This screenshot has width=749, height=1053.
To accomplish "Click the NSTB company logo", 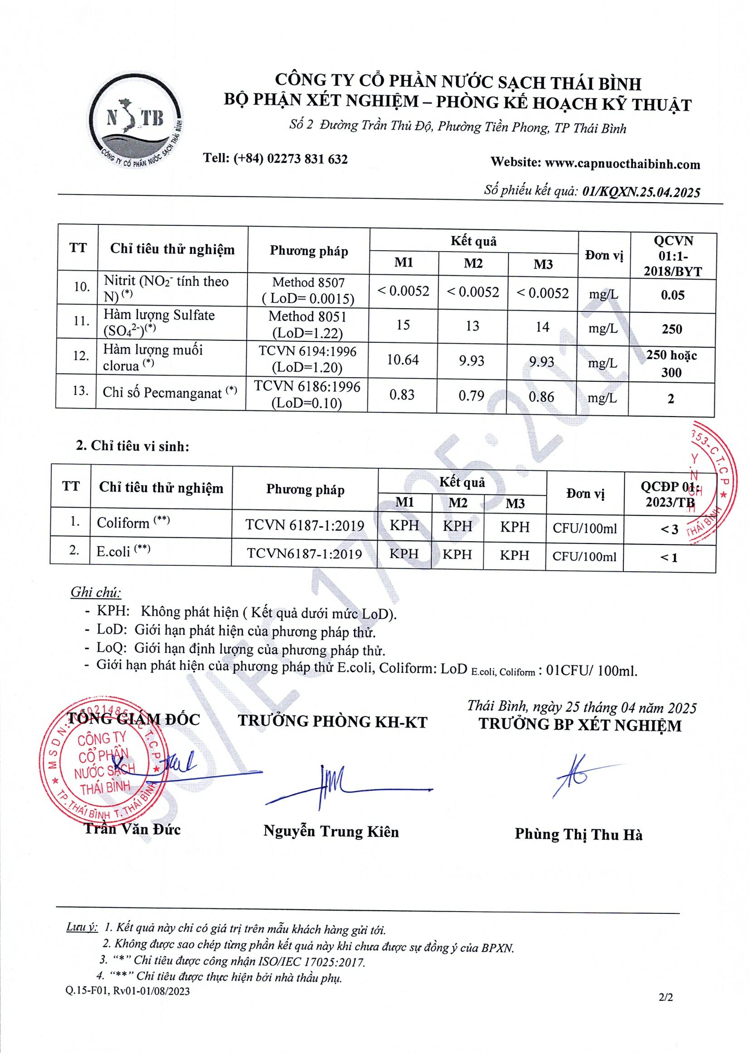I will [x=136, y=121].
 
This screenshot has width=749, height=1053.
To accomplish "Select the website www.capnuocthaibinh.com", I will [x=622, y=164].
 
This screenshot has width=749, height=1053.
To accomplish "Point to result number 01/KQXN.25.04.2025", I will [x=641, y=192].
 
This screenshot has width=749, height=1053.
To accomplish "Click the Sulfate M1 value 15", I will [x=403, y=325].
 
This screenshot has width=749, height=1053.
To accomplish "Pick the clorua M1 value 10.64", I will [x=403, y=359].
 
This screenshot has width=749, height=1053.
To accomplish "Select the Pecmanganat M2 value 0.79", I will [x=472, y=396].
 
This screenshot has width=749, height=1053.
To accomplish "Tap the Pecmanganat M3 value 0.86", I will [x=541, y=397].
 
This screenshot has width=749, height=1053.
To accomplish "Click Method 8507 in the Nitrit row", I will [x=308, y=282].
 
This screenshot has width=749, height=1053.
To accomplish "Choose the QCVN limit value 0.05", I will [x=672, y=295].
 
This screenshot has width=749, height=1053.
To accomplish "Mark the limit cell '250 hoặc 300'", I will [x=671, y=363].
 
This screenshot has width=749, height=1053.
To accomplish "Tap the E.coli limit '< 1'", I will [x=669, y=558].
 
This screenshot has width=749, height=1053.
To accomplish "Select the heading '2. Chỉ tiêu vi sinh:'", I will [x=133, y=446].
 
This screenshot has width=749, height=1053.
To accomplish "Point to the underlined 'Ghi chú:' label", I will [x=96, y=592].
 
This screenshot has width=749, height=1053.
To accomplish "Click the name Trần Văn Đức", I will [x=132, y=829].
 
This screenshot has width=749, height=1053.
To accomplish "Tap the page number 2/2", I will [x=666, y=997].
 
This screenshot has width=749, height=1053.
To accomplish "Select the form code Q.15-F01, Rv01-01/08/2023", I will [x=128, y=991].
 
